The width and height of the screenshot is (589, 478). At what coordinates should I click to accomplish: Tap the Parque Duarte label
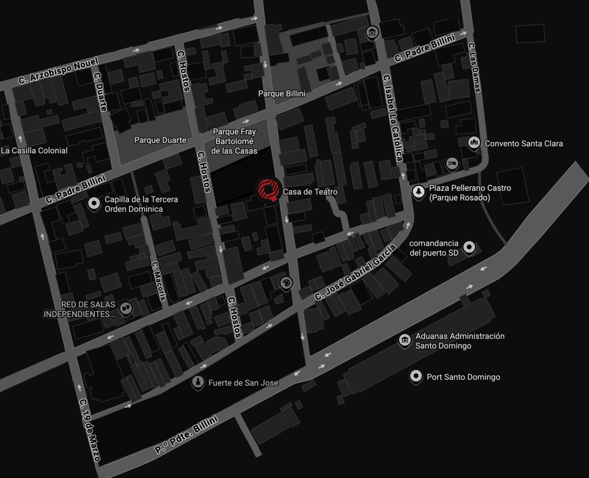160,140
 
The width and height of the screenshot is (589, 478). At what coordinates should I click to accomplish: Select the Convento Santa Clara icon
474,143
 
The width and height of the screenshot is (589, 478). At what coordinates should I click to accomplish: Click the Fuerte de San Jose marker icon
198,382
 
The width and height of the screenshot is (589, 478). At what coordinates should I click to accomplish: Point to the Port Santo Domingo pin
415,377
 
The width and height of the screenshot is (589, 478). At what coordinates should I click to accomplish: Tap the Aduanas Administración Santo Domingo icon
405,341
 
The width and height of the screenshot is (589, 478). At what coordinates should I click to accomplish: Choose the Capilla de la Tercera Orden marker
93,204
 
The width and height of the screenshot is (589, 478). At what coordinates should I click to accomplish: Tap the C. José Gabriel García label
355,271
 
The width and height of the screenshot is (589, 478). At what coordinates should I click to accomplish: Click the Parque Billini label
281,93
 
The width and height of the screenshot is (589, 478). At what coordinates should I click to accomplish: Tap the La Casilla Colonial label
35,151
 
